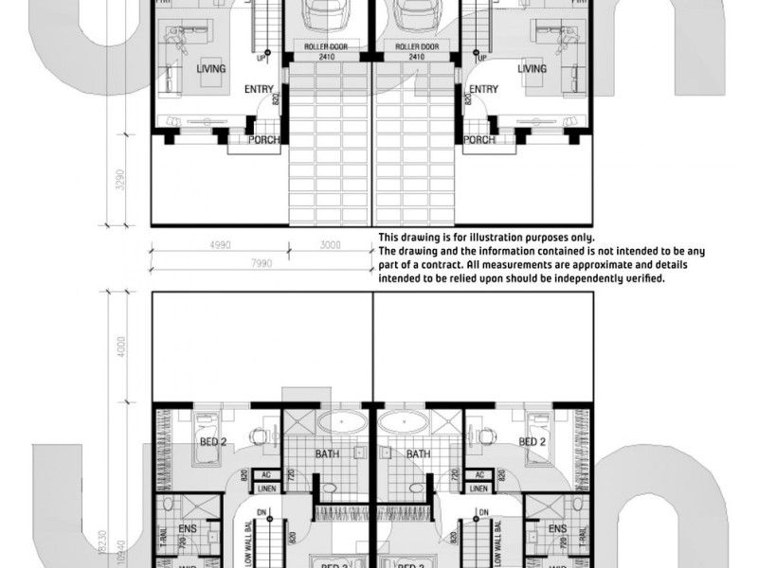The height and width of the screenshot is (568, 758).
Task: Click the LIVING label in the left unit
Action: coord(211,69)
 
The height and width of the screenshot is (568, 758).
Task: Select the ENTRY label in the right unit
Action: coord(483,90)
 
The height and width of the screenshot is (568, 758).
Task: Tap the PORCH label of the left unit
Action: coord(264,140)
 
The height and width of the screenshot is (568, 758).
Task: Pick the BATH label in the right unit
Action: coord(418,454)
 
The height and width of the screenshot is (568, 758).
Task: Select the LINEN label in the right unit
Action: coord(479,488)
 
